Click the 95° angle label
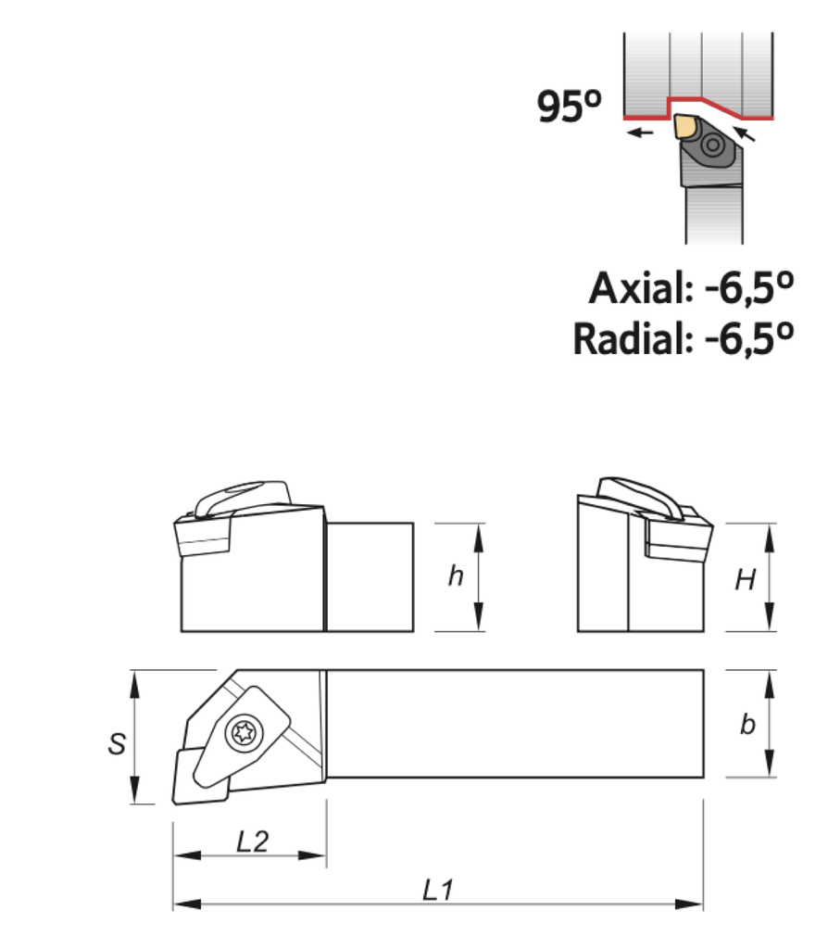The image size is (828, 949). (569, 108)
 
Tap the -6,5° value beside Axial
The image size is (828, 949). (749, 288)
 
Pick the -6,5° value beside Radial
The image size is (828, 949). (749, 338)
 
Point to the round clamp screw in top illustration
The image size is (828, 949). (714, 145)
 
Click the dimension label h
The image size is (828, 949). (455, 576)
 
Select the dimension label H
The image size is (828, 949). (745, 580)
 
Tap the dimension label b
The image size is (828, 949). (746, 725)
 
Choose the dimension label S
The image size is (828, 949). (117, 743)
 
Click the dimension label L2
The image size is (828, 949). (252, 841)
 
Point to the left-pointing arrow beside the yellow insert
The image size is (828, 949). (640, 133)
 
